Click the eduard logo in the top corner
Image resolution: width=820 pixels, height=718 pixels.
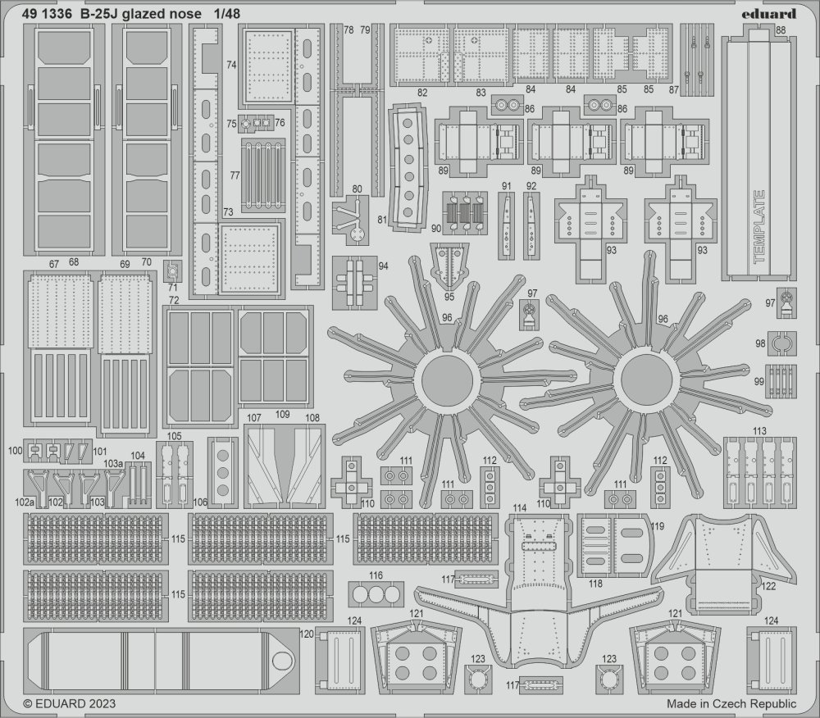pos(769,13)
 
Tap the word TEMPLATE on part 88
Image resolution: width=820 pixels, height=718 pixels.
pos(759,226)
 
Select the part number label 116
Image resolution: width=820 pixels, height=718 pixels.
pos(376,575)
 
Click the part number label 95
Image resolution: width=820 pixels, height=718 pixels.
pos(449,297)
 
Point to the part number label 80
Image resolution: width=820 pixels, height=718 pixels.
pos(358,189)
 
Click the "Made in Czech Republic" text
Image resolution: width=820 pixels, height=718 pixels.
pos(731,704)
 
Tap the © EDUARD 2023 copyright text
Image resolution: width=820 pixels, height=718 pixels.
pos(70,704)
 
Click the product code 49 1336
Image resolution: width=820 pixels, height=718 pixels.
pos(47,14)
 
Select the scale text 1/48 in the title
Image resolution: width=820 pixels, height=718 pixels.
pos(227,14)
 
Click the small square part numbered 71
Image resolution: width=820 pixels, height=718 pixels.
pos(172,270)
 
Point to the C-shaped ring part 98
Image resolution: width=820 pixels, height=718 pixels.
pos(782,343)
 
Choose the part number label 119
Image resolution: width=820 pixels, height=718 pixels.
pos(658,525)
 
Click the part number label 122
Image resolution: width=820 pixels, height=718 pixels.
pos(768,586)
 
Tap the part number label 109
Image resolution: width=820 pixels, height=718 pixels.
pos(282,415)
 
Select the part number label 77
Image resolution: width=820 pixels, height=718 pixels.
pos(235,175)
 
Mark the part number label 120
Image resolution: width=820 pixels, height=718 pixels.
pos(307,634)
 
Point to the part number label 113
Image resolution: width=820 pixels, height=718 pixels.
pos(760,431)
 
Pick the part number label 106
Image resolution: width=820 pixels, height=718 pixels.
pos(200,502)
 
